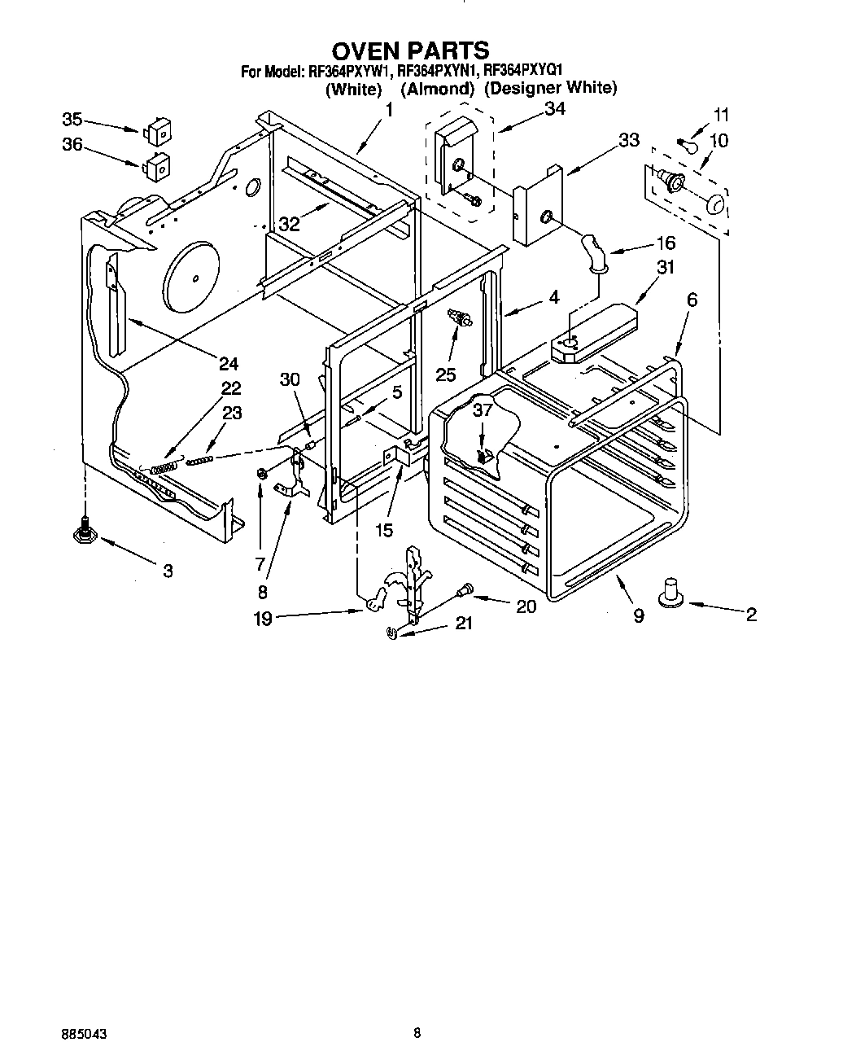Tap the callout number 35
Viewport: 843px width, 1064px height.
(72, 120)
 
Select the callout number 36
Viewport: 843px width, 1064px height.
(72, 145)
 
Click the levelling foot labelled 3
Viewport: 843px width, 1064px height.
(83, 533)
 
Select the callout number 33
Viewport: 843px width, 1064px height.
(628, 140)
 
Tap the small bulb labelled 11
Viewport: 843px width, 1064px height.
(687, 143)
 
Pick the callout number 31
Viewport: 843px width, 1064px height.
(666, 266)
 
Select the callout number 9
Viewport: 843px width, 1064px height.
(639, 616)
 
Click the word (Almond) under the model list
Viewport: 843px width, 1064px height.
(437, 89)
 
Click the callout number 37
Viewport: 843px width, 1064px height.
(483, 410)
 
